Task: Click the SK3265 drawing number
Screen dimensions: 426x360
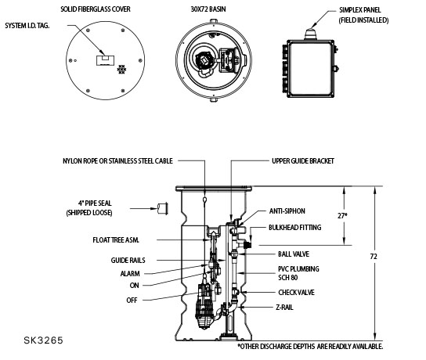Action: [x=44, y=340]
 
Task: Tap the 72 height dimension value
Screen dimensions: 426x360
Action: [x=374, y=256]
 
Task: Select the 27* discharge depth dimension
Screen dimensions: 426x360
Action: [x=342, y=216]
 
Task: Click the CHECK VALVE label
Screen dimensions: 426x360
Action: [x=296, y=293]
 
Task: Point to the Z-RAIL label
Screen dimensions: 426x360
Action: [x=284, y=308]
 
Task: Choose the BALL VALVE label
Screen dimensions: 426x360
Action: [x=294, y=254]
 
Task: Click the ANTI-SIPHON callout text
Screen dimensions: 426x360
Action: [x=287, y=211]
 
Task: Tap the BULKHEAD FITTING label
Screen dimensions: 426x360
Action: [x=294, y=227]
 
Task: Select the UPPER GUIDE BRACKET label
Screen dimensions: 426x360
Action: [x=303, y=161]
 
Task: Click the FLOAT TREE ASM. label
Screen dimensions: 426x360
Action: [x=116, y=240]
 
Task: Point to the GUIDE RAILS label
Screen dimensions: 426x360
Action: [x=128, y=261]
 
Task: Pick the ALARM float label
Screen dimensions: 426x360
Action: [x=130, y=273]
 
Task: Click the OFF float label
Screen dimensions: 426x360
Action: [x=132, y=301]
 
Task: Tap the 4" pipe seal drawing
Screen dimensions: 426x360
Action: [x=162, y=208]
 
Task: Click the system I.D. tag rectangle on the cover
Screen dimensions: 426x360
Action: [x=105, y=60]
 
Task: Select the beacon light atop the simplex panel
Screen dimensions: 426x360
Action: [x=311, y=34]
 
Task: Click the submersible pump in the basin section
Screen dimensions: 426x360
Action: [x=204, y=305]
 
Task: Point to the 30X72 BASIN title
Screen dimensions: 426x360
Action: [x=208, y=9]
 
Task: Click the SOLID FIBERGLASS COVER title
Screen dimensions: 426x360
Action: [x=96, y=9]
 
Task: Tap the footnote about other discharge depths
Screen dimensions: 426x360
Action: [x=310, y=347]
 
